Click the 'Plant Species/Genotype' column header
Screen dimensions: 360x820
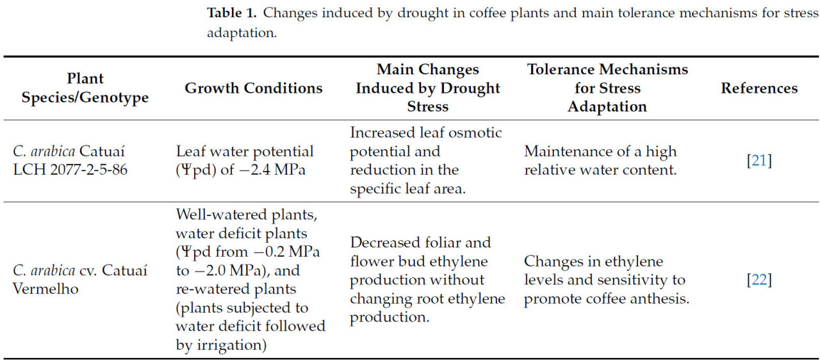tap(85, 88)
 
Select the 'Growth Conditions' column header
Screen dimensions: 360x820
tap(253, 88)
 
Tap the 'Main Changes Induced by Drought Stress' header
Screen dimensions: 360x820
tap(427, 88)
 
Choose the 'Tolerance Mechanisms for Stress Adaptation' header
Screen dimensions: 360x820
tap(607, 88)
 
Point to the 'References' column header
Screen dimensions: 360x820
tap(759, 88)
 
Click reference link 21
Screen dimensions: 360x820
tap(759, 161)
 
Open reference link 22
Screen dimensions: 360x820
tap(759, 280)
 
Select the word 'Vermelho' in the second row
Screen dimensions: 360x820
tap(45, 289)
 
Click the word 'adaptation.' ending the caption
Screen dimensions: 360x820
tap(242, 33)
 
